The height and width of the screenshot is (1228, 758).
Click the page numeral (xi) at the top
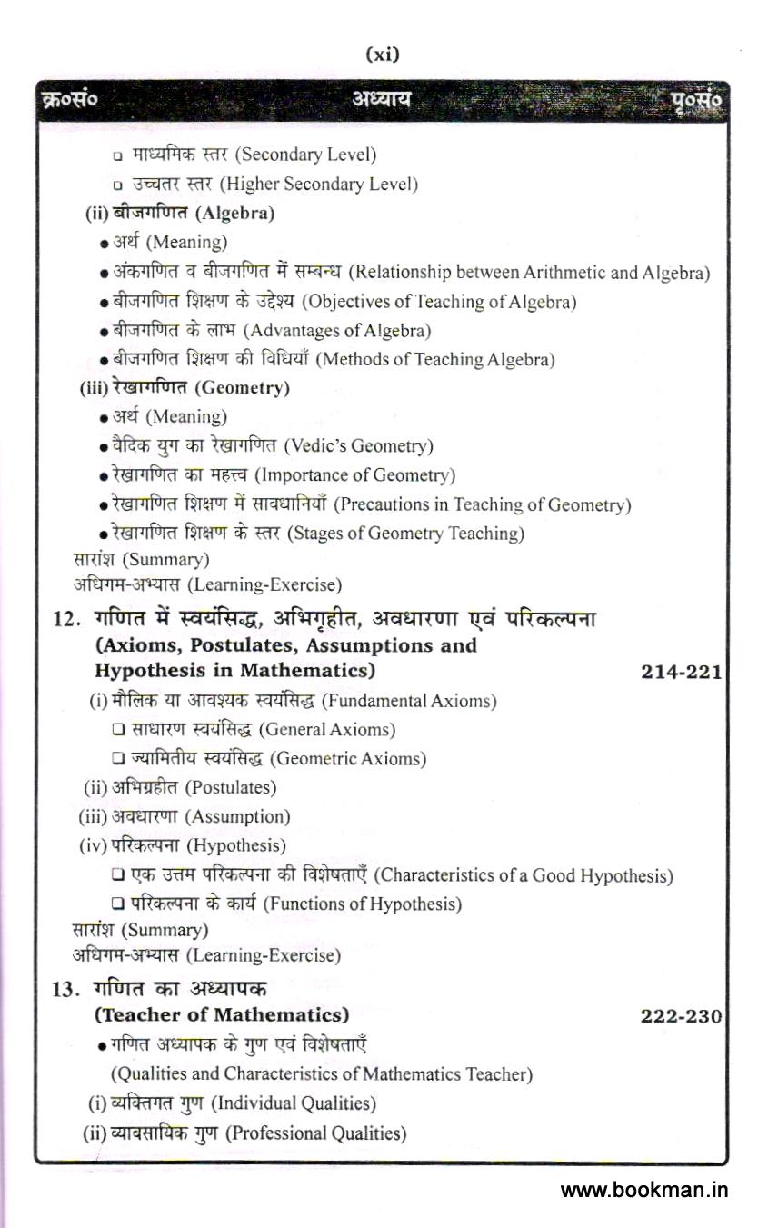click(x=382, y=55)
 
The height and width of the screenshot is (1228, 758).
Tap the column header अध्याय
click(x=381, y=99)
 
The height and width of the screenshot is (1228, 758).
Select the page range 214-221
click(x=681, y=672)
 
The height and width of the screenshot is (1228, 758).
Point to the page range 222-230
click(x=681, y=1015)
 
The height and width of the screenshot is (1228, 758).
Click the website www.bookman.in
click(x=644, y=1190)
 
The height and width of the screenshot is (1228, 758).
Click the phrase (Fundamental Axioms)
click(x=409, y=701)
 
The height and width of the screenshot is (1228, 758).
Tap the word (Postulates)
click(x=234, y=787)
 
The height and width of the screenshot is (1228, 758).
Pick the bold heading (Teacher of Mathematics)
click(x=222, y=1014)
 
